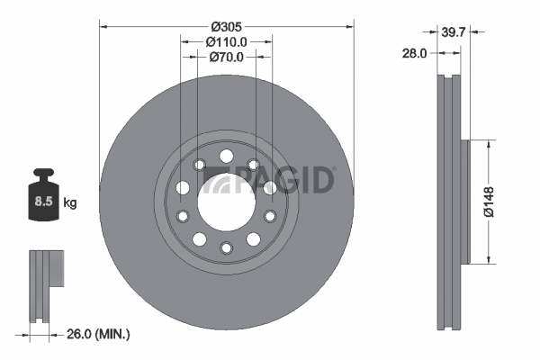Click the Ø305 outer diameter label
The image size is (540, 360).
tap(227, 26)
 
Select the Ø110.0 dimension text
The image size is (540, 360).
tap(227, 42)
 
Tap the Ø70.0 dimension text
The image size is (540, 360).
tap(227, 57)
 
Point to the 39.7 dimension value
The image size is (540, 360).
tap(454, 32)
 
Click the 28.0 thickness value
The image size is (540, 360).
tap(414, 53)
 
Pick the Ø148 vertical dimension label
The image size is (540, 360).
tap(489, 202)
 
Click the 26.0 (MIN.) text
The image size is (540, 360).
tap(98, 334)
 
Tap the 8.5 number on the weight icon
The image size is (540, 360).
tap(43, 201)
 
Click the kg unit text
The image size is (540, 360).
tap(70, 202)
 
